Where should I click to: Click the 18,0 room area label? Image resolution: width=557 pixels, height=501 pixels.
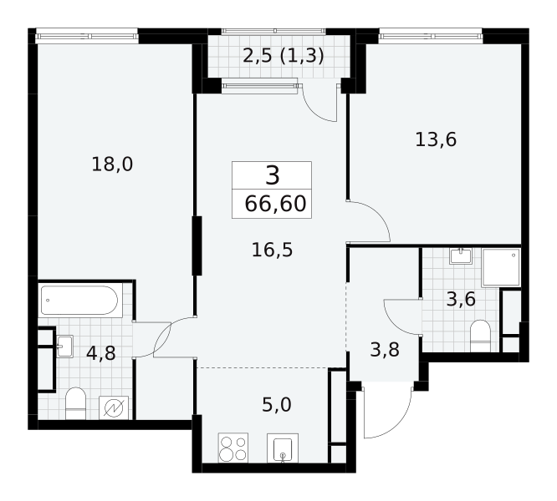pos(112,164)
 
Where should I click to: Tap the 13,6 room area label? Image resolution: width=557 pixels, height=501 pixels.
pos(436,139)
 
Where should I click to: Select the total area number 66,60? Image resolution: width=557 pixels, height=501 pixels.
pos(275,204)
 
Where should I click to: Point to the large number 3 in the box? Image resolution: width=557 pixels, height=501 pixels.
pos(273,176)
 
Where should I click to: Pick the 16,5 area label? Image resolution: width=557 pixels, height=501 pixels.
pos(272,250)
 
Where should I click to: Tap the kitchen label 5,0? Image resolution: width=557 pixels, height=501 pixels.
pos(277,405)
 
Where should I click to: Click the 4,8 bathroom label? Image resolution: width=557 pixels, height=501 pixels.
pos(101,353)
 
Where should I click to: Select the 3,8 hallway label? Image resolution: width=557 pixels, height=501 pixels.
pos(385,350)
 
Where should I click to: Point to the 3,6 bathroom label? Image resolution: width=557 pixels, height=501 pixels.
pos(461,299)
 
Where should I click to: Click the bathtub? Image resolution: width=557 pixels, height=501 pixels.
pos(79,301)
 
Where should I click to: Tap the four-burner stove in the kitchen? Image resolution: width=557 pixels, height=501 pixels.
pos(233,448)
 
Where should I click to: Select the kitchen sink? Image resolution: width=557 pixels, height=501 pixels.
pos(283,448)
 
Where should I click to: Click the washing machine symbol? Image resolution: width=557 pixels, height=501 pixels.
pos(114,407)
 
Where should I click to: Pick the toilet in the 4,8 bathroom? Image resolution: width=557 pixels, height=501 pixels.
pos(76,403)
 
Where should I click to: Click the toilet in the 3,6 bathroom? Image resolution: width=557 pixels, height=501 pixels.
pos(480,337)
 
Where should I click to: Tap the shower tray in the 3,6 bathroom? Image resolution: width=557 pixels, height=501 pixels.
pos(501,267)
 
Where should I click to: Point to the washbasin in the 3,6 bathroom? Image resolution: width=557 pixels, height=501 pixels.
pos(461,256)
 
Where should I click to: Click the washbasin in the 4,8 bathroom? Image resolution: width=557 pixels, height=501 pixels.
pos(64,347)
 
